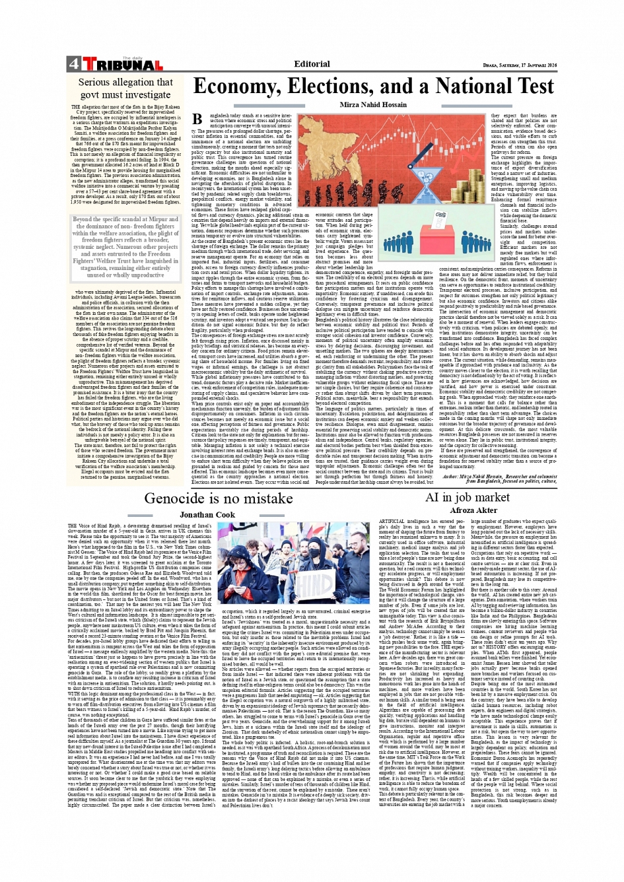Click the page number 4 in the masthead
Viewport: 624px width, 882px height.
[x=73, y=64]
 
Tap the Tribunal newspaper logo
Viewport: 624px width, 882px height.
[x=122, y=65]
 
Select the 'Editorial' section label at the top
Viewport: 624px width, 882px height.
[x=312, y=64]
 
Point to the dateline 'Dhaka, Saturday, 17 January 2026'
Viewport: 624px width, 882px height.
[x=520, y=65]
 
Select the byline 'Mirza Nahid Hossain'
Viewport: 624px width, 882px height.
[x=373, y=105]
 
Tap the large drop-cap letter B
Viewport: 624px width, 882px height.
[x=197, y=119]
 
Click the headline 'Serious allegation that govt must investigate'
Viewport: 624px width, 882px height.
[x=125, y=88]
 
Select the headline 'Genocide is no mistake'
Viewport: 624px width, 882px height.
[x=209, y=498]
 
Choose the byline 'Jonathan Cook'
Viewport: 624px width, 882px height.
[x=207, y=514]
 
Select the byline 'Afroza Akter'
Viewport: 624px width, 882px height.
[x=473, y=510]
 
